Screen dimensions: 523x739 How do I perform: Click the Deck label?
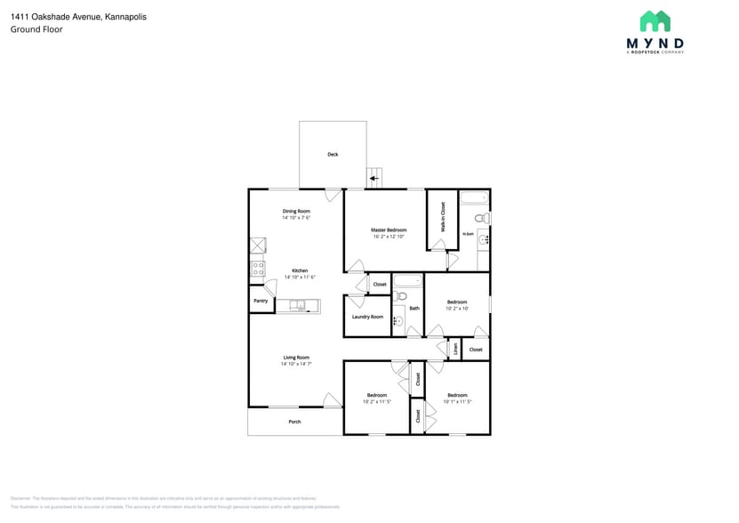click(333, 155)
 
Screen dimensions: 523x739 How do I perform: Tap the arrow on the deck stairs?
click(374, 179)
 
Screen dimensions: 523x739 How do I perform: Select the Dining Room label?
click(296, 211)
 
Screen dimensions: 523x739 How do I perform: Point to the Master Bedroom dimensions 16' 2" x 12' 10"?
click(389, 237)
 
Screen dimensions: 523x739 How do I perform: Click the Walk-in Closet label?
click(442, 218)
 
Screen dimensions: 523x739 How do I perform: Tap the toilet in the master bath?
click(481, 218)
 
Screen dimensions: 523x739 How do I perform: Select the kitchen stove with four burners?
click(258, 268)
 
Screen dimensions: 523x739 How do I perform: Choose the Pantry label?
click(261, 301)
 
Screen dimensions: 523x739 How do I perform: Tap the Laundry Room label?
click(367, 317)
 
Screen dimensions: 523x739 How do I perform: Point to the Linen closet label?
click(455, 348)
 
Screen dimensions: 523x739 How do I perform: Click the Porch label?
click(294, 422)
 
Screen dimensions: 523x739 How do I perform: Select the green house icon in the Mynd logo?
click(655, 21)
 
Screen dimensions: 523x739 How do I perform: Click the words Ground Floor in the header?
click(36, 29)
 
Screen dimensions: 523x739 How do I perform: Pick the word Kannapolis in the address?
click(125, 17)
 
